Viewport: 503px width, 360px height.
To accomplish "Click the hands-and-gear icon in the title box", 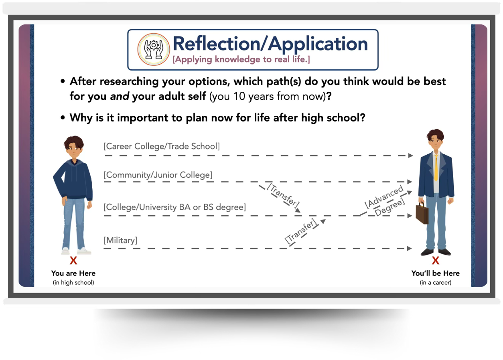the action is [x=154, y=49].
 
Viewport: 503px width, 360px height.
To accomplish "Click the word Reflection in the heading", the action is [x=216, y=44].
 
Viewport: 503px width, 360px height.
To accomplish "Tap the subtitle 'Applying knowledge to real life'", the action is [x=241, y=59].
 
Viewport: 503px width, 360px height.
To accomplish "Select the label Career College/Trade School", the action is [x=162, y=146].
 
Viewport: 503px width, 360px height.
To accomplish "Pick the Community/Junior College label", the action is [x=158, y=175].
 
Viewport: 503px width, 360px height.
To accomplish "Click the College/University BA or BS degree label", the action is [x=175, y=207].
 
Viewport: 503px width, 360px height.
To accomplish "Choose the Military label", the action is [x=120, y=241].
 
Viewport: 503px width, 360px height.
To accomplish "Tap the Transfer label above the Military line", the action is [x=301, y=231].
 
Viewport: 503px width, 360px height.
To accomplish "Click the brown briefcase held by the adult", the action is [x=422, y=213].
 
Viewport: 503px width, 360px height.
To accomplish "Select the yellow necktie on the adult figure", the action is [x=436, y=168].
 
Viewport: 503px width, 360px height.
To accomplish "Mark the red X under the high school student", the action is [x=73, y=261].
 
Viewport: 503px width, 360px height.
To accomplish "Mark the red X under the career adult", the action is [x=435, y=261].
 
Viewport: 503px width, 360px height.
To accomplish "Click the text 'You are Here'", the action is [x=73, y=273].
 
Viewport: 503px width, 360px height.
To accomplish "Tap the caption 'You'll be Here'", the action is [x=435, y=273].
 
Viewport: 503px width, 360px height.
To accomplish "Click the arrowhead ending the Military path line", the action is [x=410, y=249].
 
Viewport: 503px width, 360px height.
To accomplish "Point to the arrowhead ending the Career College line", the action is [x=410, y=156].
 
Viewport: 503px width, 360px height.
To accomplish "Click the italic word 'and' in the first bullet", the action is [x=120, y=97].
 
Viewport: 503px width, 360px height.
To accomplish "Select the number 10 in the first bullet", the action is [x=239, y=97].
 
